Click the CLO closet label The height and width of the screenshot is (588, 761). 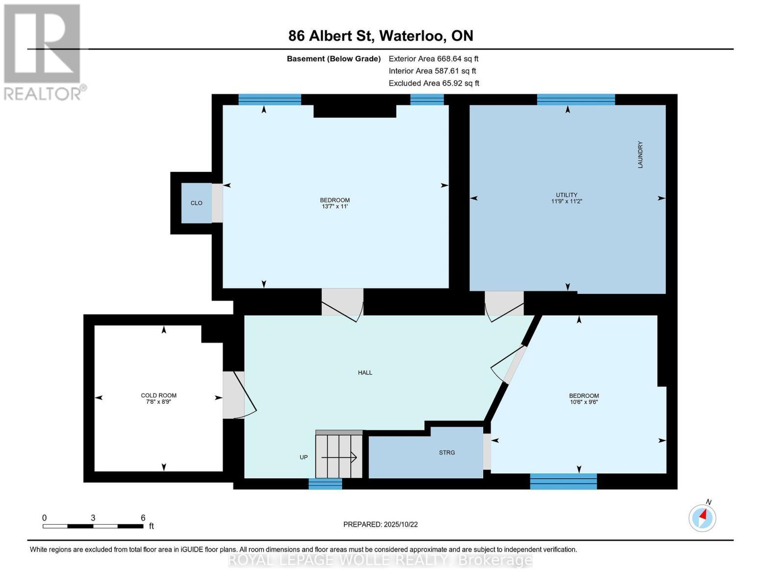pyautogui.click(x=196, y=203)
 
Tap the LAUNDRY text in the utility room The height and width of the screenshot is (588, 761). pyautogui.click(x=640, y=155)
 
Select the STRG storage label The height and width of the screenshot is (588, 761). pyautogui.click(x=446, y=453)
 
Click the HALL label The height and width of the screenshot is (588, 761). pyautogui.click(x=365, y=373)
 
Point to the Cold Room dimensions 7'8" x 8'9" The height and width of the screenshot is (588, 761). pyautogui.click(x=158, y=402)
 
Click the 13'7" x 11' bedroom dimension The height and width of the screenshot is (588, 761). pyautogui.click(x=335, y=207)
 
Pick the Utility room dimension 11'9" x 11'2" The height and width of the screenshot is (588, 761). pyautogui.click(x=566, y=201)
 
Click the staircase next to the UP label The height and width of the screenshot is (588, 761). pyautogui.click(x=339, y=456)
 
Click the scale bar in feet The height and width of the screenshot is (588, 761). pyautogui.click(x=93, y=526)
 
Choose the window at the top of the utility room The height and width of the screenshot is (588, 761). pyautogui.click(x=575, y=99)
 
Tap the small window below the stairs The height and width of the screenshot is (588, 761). pyautogui.click(x=325, y=484)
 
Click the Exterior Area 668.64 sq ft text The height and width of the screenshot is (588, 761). pyautogui.click(x=433, y=59)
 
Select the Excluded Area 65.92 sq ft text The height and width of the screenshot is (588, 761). pyautogui.click(x=434, y=83)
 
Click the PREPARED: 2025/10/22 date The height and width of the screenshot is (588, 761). pyautogui.click(x=380, y=525)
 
